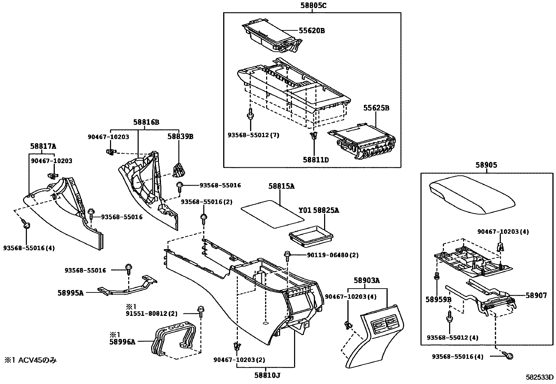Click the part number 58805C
coord(312,5)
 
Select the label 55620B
coord(312,31)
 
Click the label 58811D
coord(316,160)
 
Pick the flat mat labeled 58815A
coord(273,213)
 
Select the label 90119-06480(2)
coord(332,255)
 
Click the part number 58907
coord(536,295)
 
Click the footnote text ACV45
coord(30,360)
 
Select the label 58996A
coord(122,342)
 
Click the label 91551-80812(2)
coord(152,313)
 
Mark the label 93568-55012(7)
coord(253,135)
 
